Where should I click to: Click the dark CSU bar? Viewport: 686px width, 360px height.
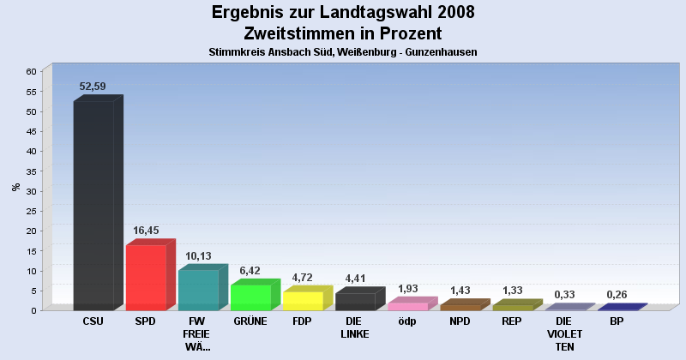click(x=93, y=206)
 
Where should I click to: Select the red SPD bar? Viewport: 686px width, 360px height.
click(x=146, y=277)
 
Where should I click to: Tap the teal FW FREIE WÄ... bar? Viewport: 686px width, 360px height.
click(x=198, y=290)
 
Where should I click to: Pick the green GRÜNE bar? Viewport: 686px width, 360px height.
click(x=250, y=297)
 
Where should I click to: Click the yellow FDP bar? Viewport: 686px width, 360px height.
click(x=303, y=300)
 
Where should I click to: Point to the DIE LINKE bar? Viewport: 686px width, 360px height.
click(x=355, y=301)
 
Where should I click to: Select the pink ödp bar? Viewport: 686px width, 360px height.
click(x=407, y=306)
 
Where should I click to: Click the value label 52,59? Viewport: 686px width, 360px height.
click(x=93, y=86)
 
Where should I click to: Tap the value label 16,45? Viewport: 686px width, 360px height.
click(x=147, y=231)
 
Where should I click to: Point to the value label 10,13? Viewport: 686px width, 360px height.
click(x=199, y=255)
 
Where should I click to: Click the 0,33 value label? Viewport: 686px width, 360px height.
click(x=564, y=295)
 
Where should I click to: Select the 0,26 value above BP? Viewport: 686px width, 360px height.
click(x=617, y=295)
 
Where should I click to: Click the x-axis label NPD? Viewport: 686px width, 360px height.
click(x=460, y=321)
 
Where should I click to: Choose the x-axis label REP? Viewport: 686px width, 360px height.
click(x=512, y=321)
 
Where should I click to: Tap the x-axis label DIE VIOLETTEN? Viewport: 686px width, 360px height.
click(x=564, y=333)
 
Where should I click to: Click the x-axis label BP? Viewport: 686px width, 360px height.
click(x=617, y=321)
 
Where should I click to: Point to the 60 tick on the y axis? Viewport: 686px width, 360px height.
click(x=31, y=71)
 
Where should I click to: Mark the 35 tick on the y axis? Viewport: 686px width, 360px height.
click(x=31, y=171)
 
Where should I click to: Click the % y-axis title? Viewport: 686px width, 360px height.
click(x=15, y=187)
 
